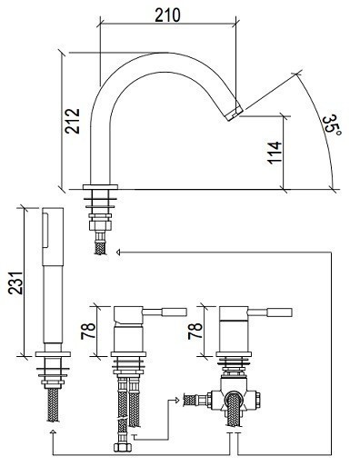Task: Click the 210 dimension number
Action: coord(167,15)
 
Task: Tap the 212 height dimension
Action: coord(73,121)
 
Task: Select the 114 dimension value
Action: coord(275,153)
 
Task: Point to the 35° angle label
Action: coord(332,124)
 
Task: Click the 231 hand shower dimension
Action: coord(15,283)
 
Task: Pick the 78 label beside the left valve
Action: coord(88,331)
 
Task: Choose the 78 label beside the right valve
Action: coord(195,331)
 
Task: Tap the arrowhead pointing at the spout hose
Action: coord(118,252)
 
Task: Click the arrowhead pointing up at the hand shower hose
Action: coord(53,432)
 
